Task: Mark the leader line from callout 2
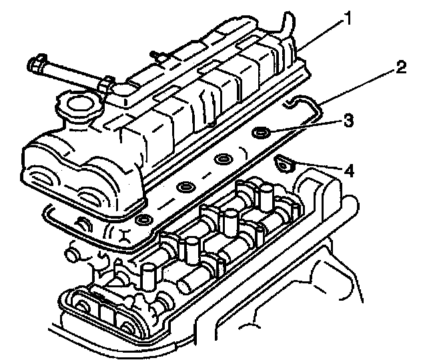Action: click(360, 83)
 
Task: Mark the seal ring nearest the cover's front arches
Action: click(143, 219)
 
